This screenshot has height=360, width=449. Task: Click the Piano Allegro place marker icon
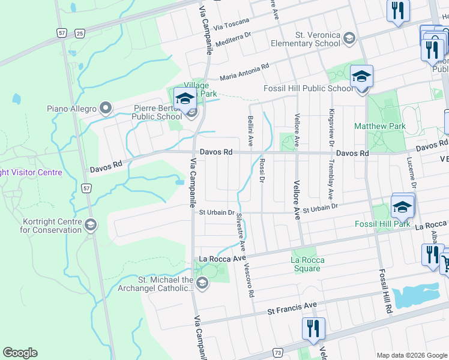pyautogui.click(x=106, y=109)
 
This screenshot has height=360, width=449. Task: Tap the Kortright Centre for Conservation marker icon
pyautogui.click(x=91, y=225)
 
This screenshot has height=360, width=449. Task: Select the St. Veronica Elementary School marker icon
pyautogui.click(x=349, y=39)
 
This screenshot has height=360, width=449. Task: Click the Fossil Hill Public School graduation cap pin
pyautogui.click(x=361, y=78)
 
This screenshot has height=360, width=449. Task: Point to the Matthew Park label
pyautogui.click(x=379, y=127)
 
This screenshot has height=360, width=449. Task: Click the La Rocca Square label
pyautogui.click(x=307, y=264)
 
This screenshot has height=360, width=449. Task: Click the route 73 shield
pyautogui.click(x=277, y=353)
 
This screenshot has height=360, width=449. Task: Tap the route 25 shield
pyautogui.click(x=80, y=33)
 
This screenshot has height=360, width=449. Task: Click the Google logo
pyautogui.click(x=20, y=353)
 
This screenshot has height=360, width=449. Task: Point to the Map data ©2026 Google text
pyautogui.click(x=411, y=355)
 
